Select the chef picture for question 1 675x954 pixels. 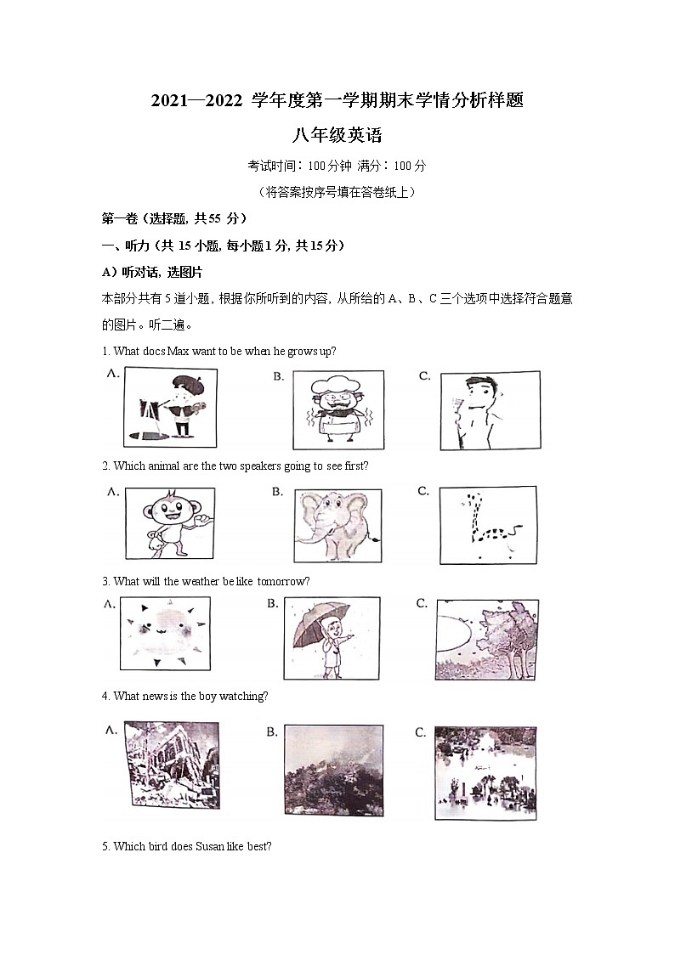(337, 409)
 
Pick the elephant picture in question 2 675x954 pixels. (337, 526)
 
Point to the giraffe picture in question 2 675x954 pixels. (488, 525)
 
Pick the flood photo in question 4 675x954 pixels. (484, 772)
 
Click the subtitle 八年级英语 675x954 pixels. (337, 134)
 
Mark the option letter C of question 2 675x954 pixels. (423, 491)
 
